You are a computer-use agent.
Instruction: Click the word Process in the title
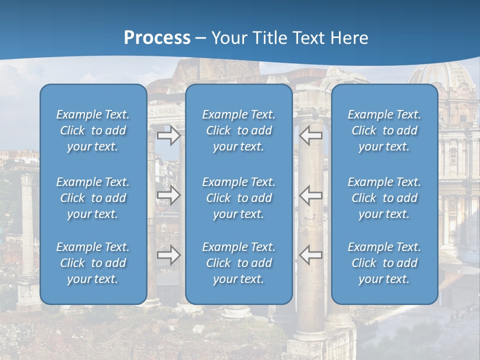coord(157,38)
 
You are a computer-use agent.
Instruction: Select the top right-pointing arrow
coord(169,135)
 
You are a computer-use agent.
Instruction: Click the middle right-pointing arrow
coord(169,195)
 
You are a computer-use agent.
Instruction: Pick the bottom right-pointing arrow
coord(169,255)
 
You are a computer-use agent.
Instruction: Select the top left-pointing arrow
coord(311,135)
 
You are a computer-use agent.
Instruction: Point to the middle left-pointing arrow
coord(311,195)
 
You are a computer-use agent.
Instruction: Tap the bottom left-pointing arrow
coord(311,255)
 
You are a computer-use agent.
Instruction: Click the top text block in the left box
coord(93,130)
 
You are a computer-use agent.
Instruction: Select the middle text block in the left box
coord(93,198)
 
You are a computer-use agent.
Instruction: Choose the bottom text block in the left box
coord(93,263)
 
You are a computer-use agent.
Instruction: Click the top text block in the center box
coord(239,130)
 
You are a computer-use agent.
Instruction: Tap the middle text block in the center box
coord(239,198)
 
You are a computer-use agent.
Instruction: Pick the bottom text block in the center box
coord(239,263)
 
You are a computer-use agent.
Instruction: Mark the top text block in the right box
coord(384,130)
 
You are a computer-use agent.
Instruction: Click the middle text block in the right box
coord(384,198)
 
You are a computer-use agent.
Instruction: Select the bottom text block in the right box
coord(384,263)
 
